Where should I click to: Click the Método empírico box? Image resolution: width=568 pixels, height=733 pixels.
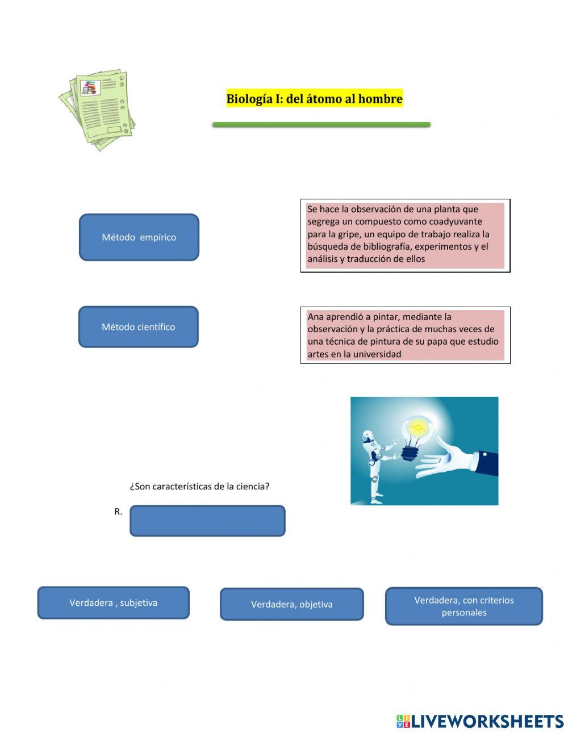pos(139,237)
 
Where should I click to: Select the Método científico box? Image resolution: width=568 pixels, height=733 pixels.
pos(138,327)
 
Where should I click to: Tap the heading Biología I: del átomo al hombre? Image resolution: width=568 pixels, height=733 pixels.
pos(314,99)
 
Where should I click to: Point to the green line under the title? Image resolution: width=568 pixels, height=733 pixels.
pos(321,124)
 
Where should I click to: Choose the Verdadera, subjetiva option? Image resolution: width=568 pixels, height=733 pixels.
pos(113,602)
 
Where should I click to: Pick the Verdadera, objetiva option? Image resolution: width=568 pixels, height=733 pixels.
pos(291,604)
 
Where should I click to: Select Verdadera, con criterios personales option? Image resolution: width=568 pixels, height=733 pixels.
pos(463,606)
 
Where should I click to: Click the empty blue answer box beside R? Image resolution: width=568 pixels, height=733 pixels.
pos(207,521)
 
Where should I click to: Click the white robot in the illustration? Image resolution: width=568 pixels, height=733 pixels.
pos(375,466)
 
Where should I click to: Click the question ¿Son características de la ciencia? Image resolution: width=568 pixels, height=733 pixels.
pos(199,487)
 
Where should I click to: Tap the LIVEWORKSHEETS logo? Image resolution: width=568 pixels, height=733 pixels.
pos(479,721)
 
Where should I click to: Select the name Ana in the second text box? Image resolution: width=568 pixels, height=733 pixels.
pos(315,317)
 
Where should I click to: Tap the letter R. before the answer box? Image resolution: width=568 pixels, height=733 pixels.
pos(118,512)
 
